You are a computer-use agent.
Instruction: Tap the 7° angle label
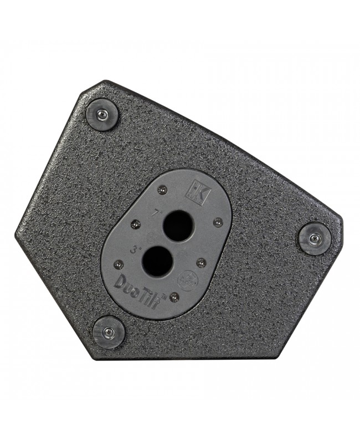[156, 212]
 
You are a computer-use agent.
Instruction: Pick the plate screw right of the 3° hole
[200, 261]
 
